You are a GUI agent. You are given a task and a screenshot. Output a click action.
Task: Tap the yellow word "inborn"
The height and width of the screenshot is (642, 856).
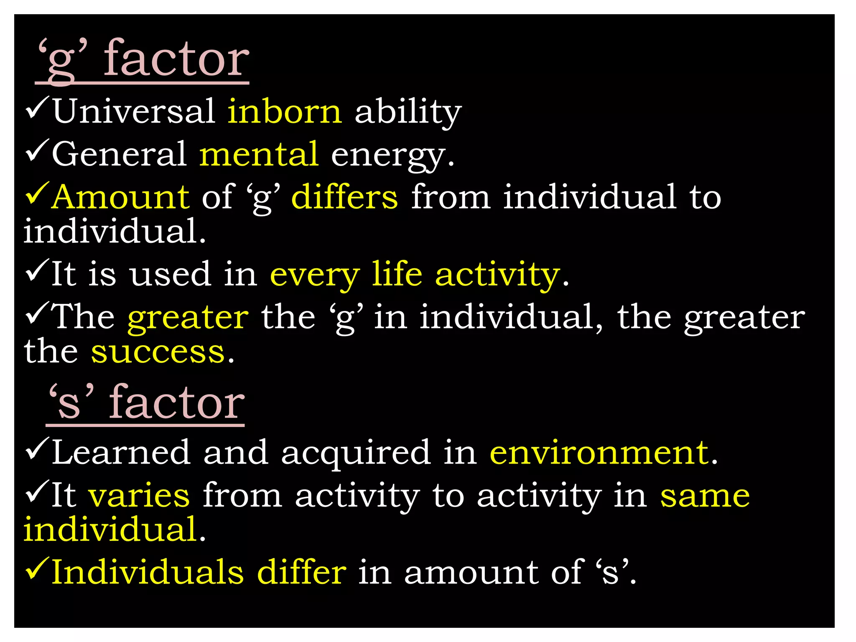[x=285, y=112]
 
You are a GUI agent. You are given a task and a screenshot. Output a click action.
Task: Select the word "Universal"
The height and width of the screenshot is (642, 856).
[x=134, y=112]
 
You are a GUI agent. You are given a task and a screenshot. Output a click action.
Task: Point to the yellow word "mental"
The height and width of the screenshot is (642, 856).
[x=259, y=154]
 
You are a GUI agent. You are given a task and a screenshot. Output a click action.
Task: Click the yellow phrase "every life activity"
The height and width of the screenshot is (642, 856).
[x=415, y=275]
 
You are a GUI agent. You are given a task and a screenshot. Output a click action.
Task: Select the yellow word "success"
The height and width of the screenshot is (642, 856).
[x=158, y=352]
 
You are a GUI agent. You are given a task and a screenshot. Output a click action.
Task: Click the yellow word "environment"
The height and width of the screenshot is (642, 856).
[x=599, y=453]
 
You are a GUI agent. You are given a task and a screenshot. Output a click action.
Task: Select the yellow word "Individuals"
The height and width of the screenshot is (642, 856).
[x=148, y=572]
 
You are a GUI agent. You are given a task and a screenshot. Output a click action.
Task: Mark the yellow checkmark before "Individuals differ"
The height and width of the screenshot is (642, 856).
[x=38, y=569]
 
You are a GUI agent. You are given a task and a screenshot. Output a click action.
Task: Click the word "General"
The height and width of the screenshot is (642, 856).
[x=119, y=154]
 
